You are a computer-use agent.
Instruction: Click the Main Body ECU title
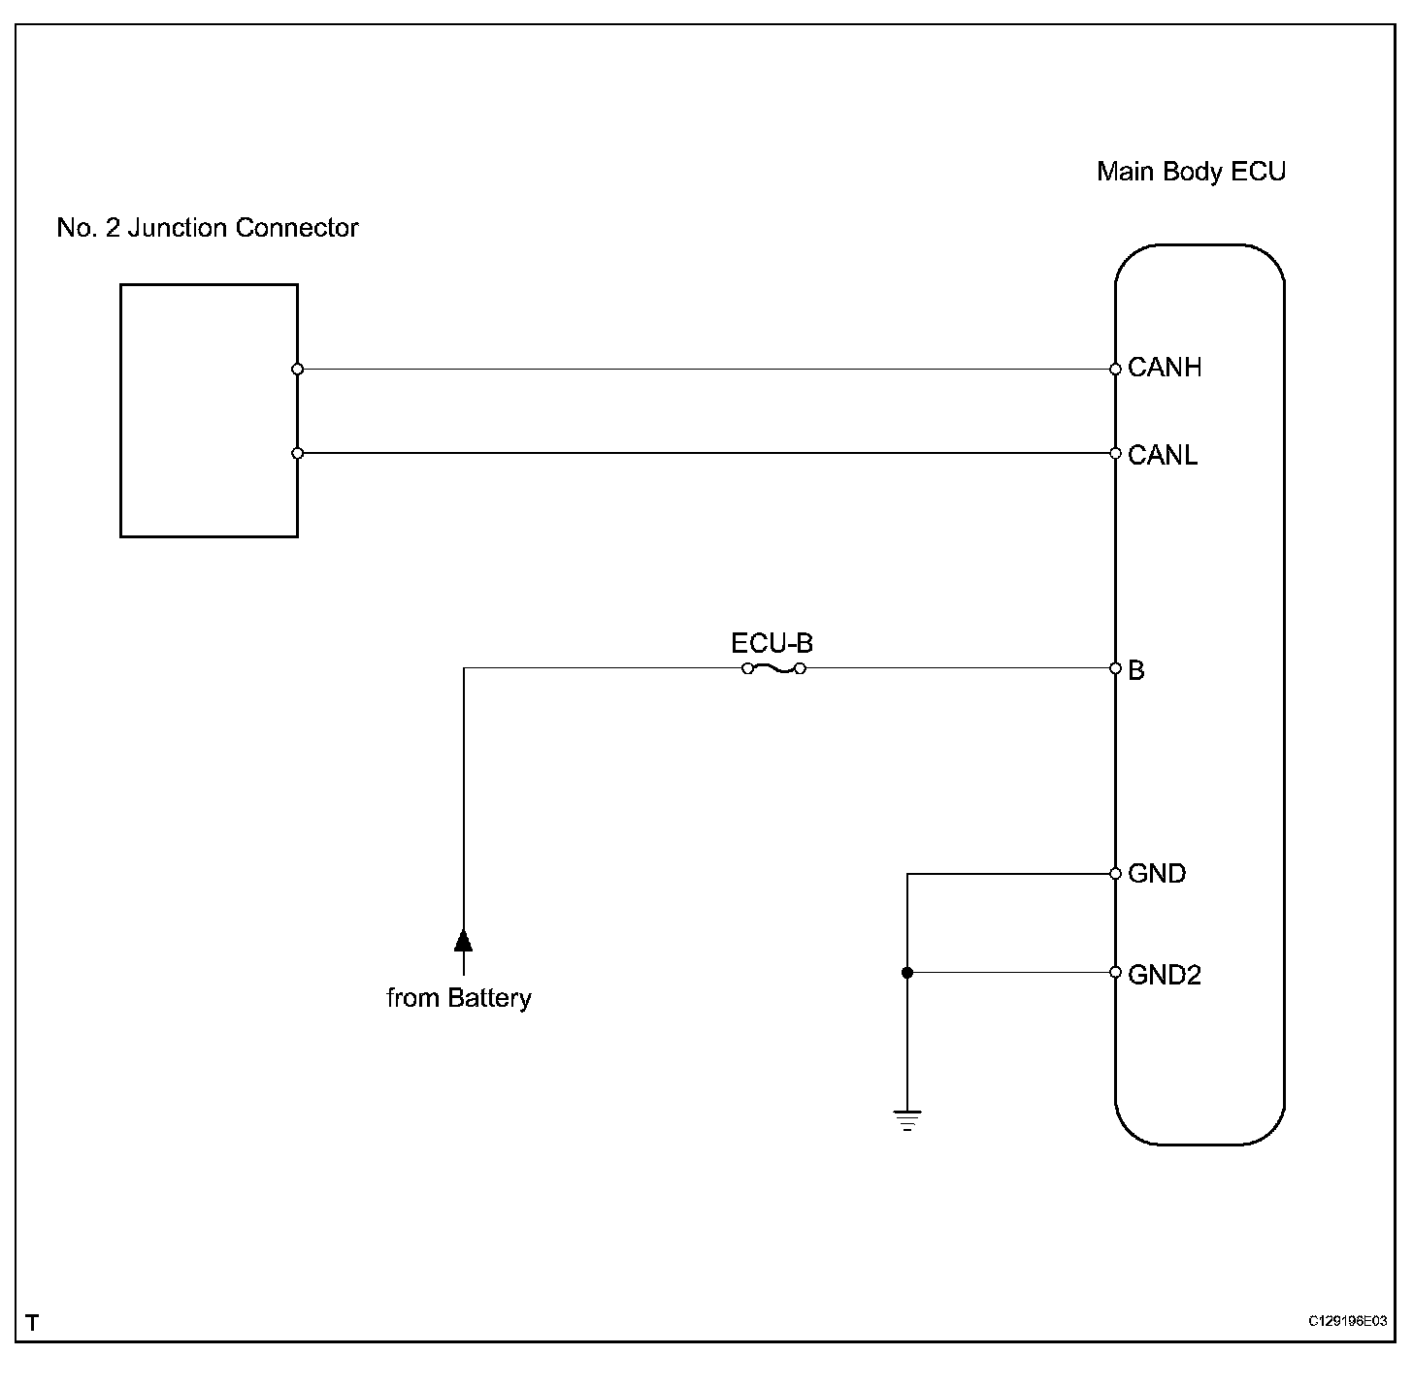pyautogui.click(x=1191, y=172)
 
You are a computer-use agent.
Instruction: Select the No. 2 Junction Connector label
pyautogui.click(x=208, y=228)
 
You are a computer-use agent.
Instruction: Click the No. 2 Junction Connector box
pyautogui.click(x=209, y=410)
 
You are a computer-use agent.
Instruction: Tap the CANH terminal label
pyautogui.click(x=1165, y=368)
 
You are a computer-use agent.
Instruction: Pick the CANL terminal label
pyautogui.click(x=1163, y=455)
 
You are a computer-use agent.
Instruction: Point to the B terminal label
pyautogui.click(x=1136, y=670)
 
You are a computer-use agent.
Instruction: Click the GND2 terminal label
pyautogui.click(x=1165, y=975)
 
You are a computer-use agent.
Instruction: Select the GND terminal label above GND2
pyautogui.click(x=1157, y=874)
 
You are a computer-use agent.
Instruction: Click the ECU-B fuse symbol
pyautogui.click(x=773, y=668)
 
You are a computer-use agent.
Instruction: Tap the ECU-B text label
pyautogui.click(x=772, y=643)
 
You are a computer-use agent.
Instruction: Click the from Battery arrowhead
pyautogui.click(x=464, y=940)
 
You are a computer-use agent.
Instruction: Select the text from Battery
pyautogui.click(x=459, y=998)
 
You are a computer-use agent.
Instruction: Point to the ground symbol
pyautogui.click(x=907, y=1121)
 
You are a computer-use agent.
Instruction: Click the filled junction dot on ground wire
pyautogui.click(x=907, y=973)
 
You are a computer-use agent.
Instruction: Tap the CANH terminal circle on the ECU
pyautogui.click(x=1116, y=369)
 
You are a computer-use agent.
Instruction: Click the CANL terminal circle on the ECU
pyautogui.click(x=1116, y=453)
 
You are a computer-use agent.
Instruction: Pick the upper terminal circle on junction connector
pyautogui.click(x=298, y=369)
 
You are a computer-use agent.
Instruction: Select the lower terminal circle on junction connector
pyautogui.click(x=298, y=453)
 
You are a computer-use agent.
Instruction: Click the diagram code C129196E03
pyautogui.click(x=1347, y=1321)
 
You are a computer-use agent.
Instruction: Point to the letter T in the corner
pyautogui.click(x=33, y=1323)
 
